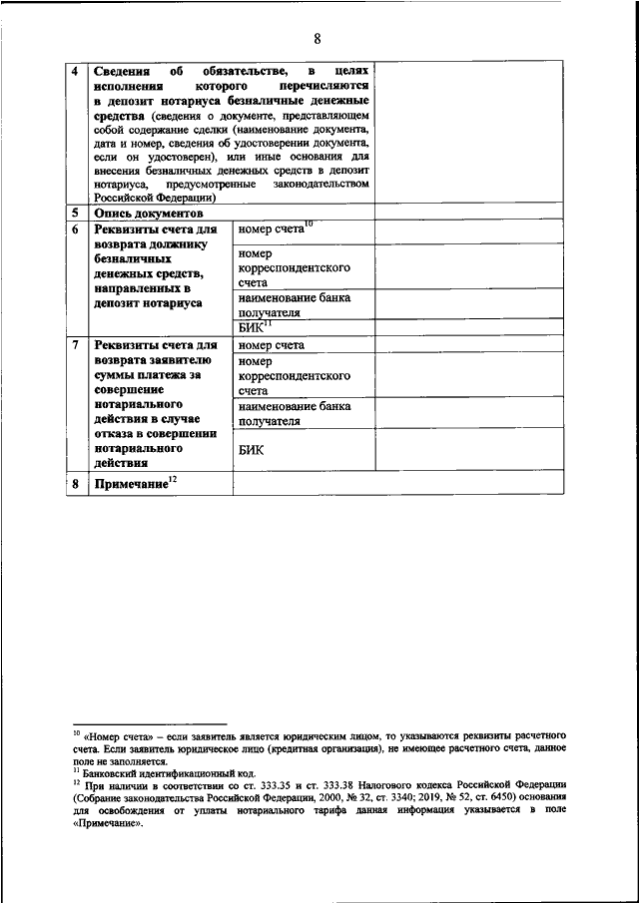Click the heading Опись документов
[x=148, y=214]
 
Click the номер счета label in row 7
[x=272, y=346]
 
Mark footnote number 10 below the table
[x=76, y=731]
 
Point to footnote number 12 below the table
[x=76, y=783]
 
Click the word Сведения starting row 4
[x=123, y=73]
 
